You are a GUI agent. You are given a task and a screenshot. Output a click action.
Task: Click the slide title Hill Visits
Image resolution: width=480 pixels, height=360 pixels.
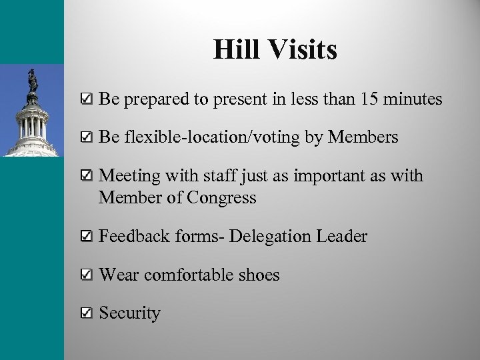pyautogui.click(x=275, y=51)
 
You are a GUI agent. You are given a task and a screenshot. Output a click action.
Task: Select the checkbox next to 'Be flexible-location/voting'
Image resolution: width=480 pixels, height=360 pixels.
pyautogui.click(x=85, y=138)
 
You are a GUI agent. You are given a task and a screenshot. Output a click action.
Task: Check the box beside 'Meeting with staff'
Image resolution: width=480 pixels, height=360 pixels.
pyautogui.click(x=85, y=177)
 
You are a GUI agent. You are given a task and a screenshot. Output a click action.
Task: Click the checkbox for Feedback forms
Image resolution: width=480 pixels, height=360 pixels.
pyautogui.click(x=85, y=237)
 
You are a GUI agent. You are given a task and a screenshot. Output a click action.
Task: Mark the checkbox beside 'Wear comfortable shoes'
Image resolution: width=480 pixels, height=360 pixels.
pyautogui.click(x=85, y=275)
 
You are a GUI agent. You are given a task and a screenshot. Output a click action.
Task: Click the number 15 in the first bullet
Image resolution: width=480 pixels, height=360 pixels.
pyautogui.click(x=367, y=100)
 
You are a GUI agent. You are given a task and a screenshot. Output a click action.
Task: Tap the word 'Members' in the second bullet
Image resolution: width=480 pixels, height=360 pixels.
pyautogui.click(x=365, y=137)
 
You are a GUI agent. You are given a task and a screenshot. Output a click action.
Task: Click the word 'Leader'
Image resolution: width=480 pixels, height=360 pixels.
pyautogui.click(x=341, y=237)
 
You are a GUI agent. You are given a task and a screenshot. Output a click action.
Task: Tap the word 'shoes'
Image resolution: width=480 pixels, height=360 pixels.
pyautogui.click(x=256, y=275)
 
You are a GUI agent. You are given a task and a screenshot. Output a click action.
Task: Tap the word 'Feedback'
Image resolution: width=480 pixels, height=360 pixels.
pyautogui.click(x=132, y=237)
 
